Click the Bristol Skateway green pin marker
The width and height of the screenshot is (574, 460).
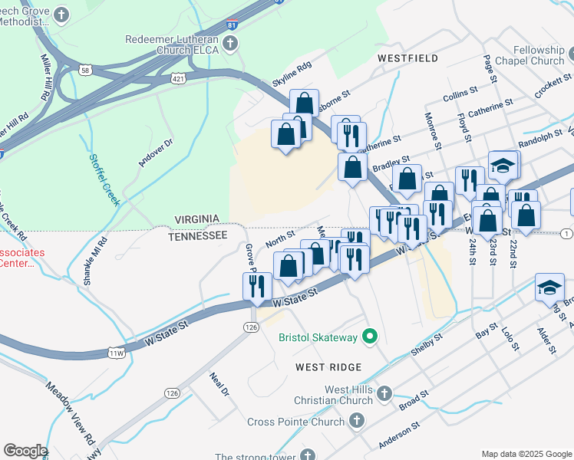pos(370,337)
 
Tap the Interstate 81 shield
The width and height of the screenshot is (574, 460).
pos(231,25)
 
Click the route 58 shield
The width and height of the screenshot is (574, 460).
pos(86,71)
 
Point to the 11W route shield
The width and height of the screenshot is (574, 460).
pos(116,353)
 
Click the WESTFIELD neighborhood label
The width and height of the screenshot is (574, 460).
pos(407,58)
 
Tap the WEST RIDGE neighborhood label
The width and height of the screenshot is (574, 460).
pos(328,367)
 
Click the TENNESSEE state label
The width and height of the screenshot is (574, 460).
pos(198,236)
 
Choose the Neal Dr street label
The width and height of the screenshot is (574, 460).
pos(219,384)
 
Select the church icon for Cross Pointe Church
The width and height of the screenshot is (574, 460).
pos(356,421)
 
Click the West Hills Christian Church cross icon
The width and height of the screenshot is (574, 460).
pos(384,393)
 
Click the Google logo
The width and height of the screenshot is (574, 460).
pos(25,451)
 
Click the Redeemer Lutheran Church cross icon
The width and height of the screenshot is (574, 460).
pos(231,45)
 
